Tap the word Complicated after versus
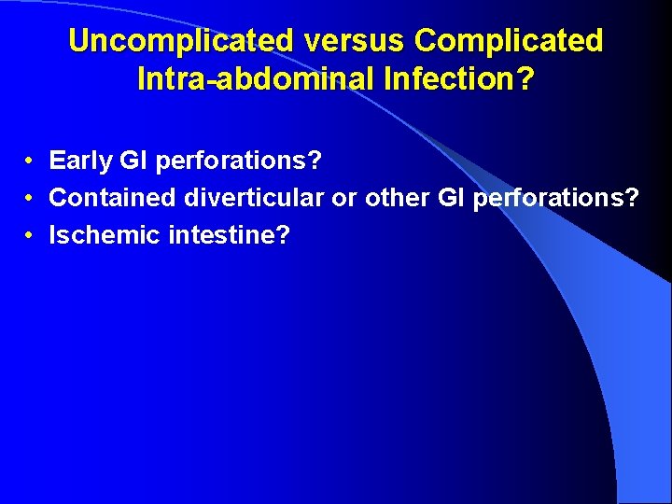pyautogui.click(x=509, y=41)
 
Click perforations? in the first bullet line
pyautogui.click(x=239, y=161)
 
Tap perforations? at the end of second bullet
pyautogui.click(x=556, y=198)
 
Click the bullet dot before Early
pyautogui.click(x=31, y=161)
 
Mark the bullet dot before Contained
pyautogui.click(x=31, y=198)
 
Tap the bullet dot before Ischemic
pyautogui.click(x=31, y=235)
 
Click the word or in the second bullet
pyautogui.click(x=344, y=198)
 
